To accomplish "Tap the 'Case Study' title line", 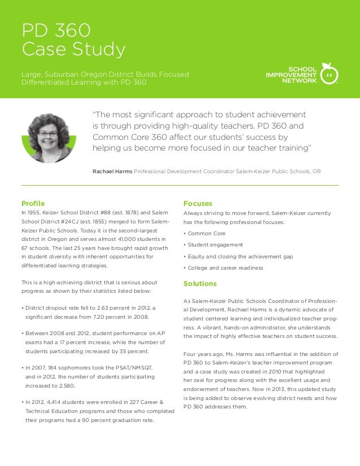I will coord(73,50).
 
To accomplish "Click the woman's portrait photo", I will coord(49,138).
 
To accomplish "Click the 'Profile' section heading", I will coord(33,203).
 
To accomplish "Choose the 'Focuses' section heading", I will coord(198,203).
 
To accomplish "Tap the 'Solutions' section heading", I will coord(200,283).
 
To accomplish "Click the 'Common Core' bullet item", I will coord(206,233).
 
